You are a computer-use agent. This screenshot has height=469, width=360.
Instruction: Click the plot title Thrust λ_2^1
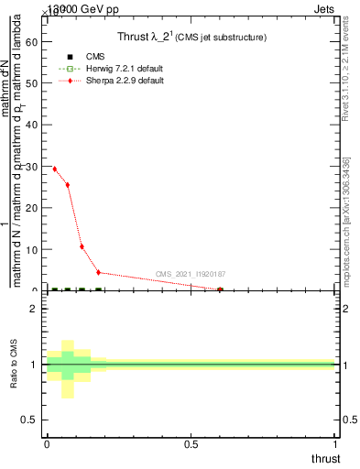coord(191,37)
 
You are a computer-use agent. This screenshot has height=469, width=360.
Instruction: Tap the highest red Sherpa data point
coord(55,169)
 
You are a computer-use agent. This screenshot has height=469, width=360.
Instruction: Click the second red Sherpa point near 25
coord(68,185)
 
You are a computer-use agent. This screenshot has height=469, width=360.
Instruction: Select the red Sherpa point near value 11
coord(82,246)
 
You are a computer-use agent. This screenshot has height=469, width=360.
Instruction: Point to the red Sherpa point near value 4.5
coord(99,272)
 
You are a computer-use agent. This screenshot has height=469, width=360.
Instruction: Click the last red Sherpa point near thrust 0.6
coord(220,289)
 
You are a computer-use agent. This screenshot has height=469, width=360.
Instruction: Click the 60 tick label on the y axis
coord(30,41)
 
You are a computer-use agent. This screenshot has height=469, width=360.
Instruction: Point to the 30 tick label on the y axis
coord(30,166)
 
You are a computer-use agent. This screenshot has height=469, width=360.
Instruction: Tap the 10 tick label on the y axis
coord(30,249)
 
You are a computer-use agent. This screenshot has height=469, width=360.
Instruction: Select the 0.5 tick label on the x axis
coord(191,444)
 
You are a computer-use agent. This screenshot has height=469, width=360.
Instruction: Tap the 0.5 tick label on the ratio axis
coord(28,420)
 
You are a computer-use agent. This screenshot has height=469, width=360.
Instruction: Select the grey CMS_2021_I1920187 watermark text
coord(191,273)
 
